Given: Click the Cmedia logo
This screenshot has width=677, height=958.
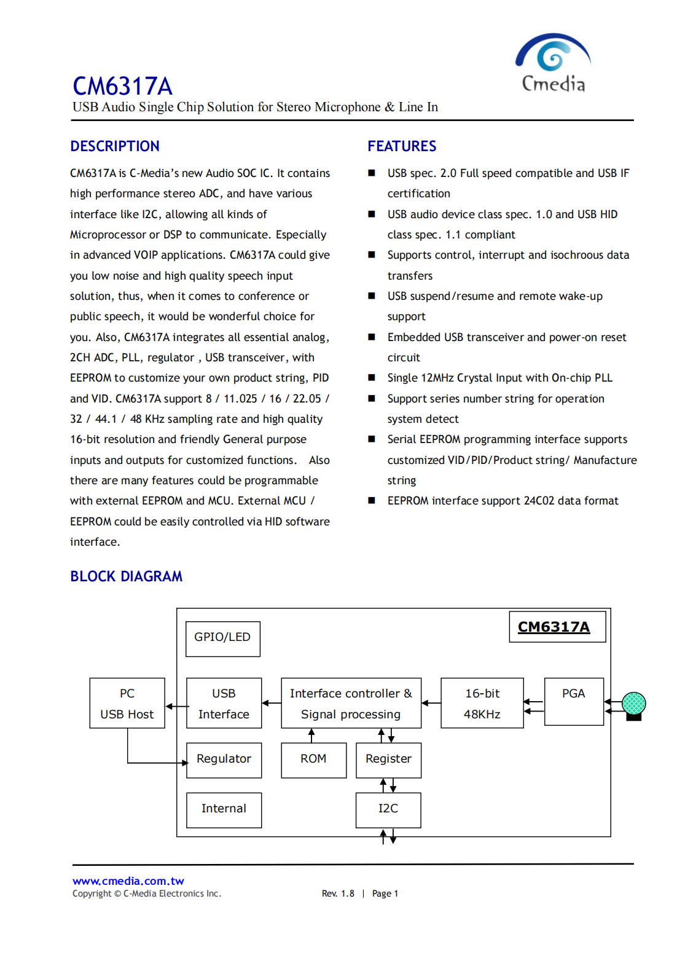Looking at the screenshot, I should click(553, 63).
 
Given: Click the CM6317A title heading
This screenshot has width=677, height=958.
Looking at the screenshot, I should click(122, 86).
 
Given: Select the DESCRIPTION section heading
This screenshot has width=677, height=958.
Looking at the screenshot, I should click(115, 146).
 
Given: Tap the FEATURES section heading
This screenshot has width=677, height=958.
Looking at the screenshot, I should click(402, 146).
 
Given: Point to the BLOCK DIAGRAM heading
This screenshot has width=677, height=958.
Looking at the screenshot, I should click(126, 576).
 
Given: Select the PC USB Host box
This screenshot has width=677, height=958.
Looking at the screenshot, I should click(127, 704).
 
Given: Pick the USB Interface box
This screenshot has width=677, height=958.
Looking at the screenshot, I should click(224, 704).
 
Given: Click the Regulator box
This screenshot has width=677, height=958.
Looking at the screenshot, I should click(224, 760).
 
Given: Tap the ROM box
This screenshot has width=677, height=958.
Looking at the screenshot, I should click(313, 760).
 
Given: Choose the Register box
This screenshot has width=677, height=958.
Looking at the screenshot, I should click(388, 760).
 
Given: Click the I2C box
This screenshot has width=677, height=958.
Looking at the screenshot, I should click(388, 809).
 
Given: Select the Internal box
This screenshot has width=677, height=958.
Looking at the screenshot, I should click(224, 809).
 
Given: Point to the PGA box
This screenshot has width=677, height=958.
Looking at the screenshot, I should click(574, 701).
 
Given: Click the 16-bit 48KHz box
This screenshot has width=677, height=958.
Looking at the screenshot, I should click(482, 704).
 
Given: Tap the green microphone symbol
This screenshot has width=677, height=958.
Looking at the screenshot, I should click(633, 704).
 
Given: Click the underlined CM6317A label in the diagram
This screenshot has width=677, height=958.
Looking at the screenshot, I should click(554, 627).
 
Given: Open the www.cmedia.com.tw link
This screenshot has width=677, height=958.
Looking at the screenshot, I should click(128, 881).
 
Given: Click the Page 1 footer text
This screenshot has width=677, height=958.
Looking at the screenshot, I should click(385, 893).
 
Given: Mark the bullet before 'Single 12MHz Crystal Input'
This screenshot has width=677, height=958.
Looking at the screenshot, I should click(372, 378).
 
